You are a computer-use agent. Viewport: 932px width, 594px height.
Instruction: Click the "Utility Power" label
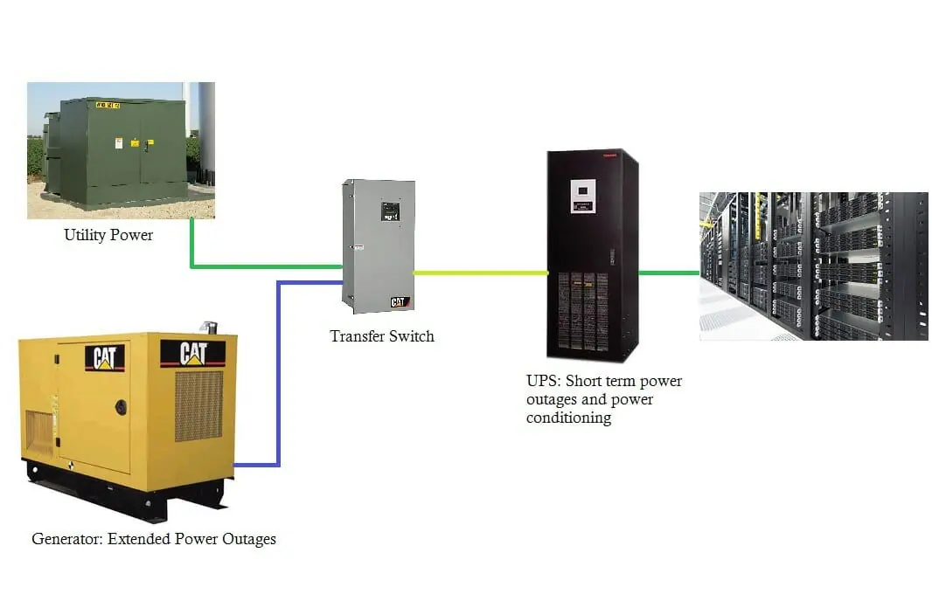(x=108, y=235)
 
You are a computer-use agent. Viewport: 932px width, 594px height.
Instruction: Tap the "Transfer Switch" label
(x=381, y=335)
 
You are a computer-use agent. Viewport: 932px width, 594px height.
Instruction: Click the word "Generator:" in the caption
(x=68, y=539)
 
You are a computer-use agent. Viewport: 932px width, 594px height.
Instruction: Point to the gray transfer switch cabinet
(x=378, y=245)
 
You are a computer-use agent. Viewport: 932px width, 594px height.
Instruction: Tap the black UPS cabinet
(x=592, y=253)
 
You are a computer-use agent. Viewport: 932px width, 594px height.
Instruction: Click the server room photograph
(x=813, y=266)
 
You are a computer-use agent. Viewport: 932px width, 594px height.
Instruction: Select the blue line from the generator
(x=278, y=376)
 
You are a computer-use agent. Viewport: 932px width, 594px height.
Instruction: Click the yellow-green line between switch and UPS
(x=481, y=273)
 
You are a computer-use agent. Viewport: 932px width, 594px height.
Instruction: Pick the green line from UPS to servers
(x=669, y=273)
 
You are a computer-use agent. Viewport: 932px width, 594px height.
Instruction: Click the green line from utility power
(x=262, y=266)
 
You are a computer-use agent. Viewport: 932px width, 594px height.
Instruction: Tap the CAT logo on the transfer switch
(x=399, y=301)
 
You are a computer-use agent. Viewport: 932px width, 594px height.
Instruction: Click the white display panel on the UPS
(x=583, y=195)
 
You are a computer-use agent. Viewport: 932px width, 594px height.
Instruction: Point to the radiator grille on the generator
(x=198, y=405)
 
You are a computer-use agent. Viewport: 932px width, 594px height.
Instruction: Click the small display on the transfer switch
(x=390, y=211)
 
